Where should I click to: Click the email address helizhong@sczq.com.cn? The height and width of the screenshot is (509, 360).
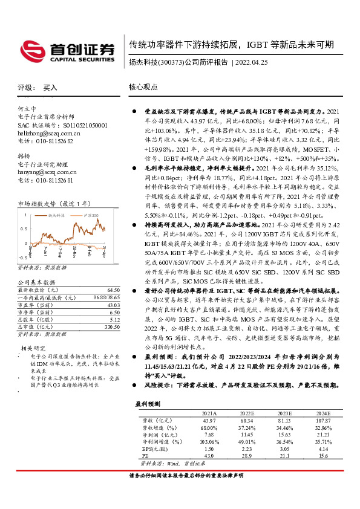coord(49,132)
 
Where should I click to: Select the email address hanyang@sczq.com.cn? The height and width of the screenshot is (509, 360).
coord(47,172)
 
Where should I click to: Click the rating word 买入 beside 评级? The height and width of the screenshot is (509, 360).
coord(50,88)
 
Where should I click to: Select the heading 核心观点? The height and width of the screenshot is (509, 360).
coord(143,87)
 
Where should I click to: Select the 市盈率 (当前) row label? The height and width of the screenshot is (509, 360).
coord(38,305)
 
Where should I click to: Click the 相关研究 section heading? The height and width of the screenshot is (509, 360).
coord(33,348)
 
